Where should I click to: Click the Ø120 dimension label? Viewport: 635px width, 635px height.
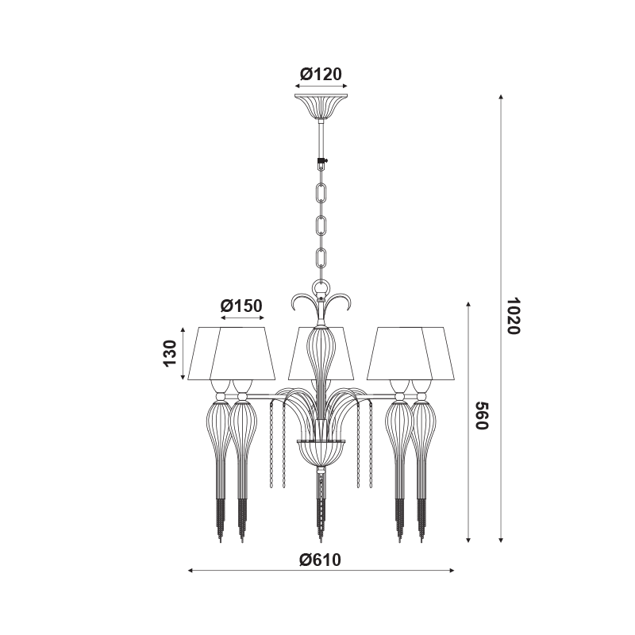click(321, 74)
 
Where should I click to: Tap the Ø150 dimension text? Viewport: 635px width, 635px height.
click(242, 306)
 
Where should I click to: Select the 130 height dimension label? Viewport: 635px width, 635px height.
click(171, 353)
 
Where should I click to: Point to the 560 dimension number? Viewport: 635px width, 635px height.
click(482, 416)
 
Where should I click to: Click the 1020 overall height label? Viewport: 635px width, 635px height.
click(513, 315)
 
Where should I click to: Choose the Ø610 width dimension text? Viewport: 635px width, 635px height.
click(321, 560)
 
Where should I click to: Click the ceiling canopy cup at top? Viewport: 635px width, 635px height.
click(321, 106)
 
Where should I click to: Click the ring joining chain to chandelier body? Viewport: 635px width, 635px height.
click(321, 288)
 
